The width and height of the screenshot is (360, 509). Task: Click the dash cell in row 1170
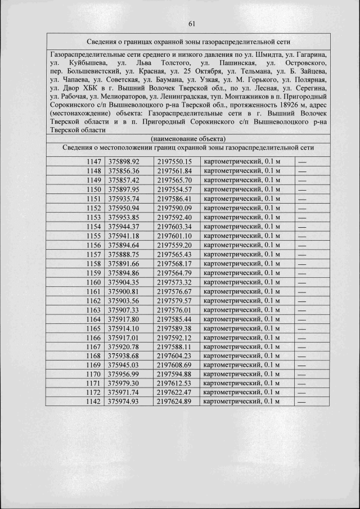(303, 374)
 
